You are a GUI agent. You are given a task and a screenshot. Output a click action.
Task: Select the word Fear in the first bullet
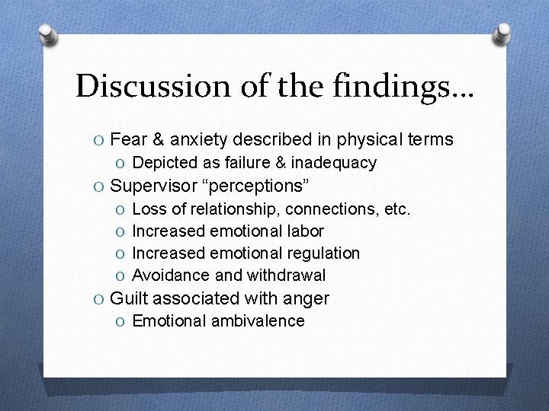click(129, 139)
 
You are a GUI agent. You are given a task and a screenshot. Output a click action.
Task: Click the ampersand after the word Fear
click(158, 139)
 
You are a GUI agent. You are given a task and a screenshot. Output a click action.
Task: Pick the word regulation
click(323, 253)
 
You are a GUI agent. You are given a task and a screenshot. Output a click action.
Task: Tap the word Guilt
click(130, 298)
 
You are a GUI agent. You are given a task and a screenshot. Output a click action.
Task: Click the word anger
click(306, 298)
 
